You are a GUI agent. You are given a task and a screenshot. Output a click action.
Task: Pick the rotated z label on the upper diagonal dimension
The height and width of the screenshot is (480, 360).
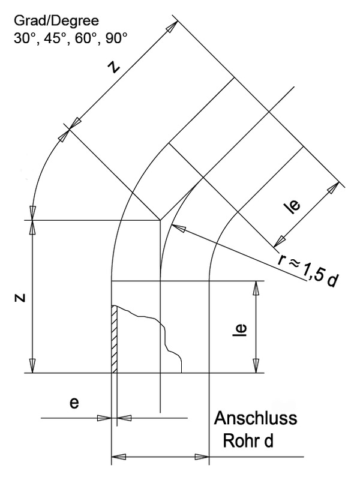(x=114, y=68)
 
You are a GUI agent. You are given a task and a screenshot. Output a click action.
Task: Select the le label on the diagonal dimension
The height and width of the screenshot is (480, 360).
(x=292, y=206)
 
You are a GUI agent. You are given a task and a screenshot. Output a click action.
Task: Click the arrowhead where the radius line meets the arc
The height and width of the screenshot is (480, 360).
(x=175, y=227)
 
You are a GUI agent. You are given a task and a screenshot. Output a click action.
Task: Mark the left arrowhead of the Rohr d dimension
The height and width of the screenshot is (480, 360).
(x=118, y=457)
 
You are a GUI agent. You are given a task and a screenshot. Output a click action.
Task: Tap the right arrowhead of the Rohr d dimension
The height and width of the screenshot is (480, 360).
(x=203, y=457)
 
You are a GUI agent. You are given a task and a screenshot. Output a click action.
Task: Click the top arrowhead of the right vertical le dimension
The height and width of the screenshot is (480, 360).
(x=256, y=287)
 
